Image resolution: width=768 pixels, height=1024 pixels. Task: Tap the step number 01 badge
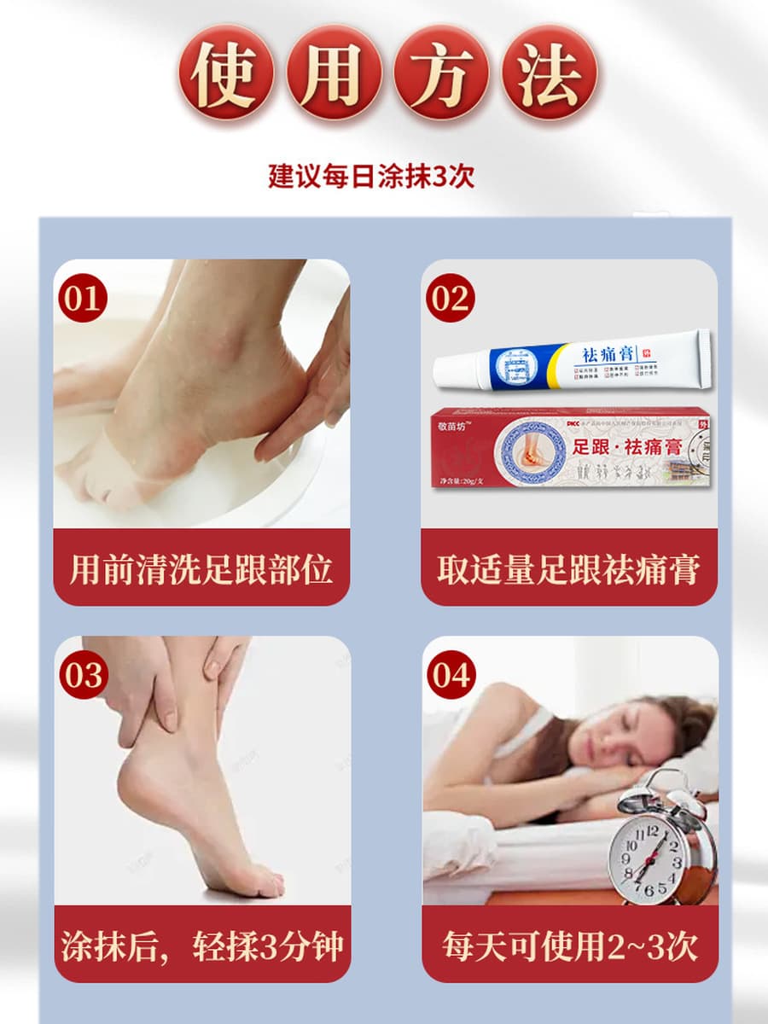[83, 300]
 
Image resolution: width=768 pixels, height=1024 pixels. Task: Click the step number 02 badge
[451, 300]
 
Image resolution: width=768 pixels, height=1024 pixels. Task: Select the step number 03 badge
[83, 676]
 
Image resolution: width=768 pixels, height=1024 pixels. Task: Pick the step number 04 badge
[451, 676]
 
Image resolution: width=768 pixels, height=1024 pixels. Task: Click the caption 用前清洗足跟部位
[201, 568]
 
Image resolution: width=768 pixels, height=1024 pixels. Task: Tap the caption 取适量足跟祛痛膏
[569, 568]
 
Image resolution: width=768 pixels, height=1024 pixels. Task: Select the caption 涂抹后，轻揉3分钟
[201, 945]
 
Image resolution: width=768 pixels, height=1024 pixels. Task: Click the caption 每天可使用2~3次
[569, 945]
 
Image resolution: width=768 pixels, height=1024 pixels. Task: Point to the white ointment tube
[572, 363]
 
